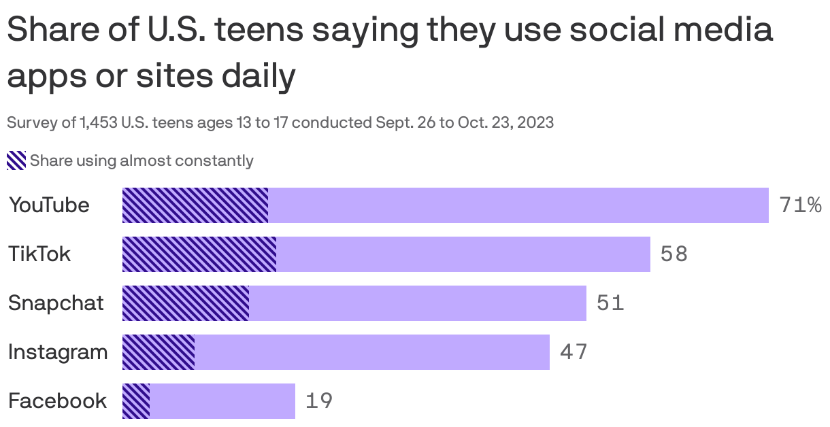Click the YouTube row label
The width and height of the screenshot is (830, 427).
click(x=49, y=205)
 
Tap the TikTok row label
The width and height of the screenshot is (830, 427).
click(x=39, y=254)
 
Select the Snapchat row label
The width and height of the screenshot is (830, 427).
click(x=56, y=303)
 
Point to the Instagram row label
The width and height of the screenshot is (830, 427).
click(x=58, y=352)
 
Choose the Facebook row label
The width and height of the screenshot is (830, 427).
click(x=57, y=401)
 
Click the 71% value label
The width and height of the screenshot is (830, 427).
click(x=800, y=205)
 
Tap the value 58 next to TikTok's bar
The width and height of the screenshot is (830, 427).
click(x=674, y=254)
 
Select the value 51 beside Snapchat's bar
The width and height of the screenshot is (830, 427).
click(x=610, y=303)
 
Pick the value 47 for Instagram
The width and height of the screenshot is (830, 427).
click(x=574, y=352)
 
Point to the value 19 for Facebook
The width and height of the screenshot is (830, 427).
click(x=319, y=401)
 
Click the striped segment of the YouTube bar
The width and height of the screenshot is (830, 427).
click(x=195, y=205)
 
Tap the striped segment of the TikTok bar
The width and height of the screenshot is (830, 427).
click(x=199, y=254)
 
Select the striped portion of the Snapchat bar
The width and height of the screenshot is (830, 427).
click(x=186, y=303)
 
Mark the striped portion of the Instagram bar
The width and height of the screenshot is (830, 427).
click(x=159, y=352)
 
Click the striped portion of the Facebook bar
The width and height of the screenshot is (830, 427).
click(x=136, y=401)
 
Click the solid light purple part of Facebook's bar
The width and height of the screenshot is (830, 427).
click(x=222, y=401)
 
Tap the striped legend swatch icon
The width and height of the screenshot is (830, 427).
click(x=16, y=161)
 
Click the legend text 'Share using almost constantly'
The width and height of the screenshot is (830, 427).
click(x=142, y=161)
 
